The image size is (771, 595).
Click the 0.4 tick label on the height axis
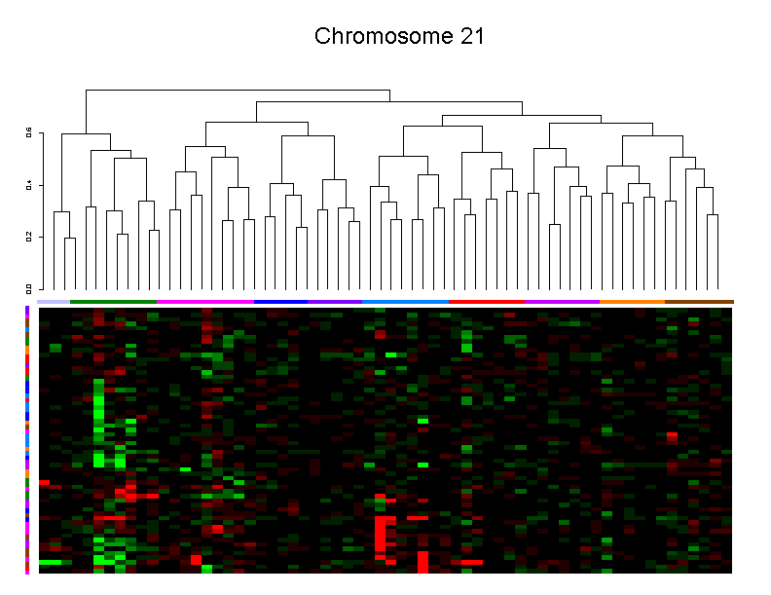coord(29,184)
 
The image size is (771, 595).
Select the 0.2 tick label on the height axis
coord(29,237)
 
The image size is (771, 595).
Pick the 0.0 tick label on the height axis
coord(29,288)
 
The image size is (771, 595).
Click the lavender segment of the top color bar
coord(54,302)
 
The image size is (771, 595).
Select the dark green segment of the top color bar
coord(113,302)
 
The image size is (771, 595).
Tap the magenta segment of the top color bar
coord(204,302)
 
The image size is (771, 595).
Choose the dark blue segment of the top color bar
coord(280,302)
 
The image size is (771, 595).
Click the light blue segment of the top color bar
coord(405,302)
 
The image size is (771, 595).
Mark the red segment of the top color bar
coord(487,302)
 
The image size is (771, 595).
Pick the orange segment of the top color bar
coord(632,302)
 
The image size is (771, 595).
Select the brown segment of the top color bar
coord(698,302)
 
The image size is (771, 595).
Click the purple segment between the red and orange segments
coord(562,302)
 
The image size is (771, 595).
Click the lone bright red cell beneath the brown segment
coord(672,434)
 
